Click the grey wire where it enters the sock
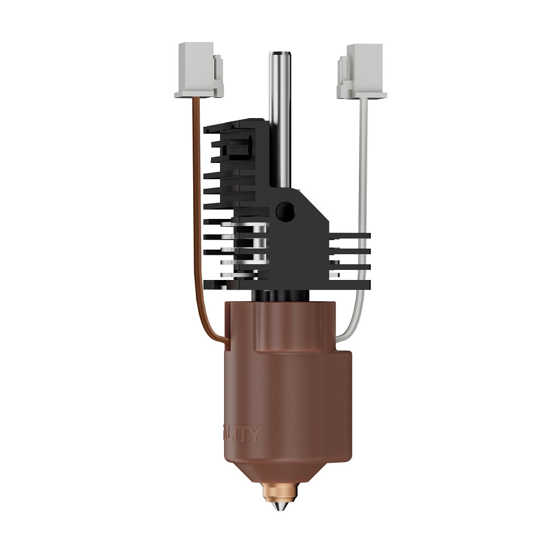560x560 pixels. tap(338, 336)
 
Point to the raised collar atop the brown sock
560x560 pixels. tap(279, 325)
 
